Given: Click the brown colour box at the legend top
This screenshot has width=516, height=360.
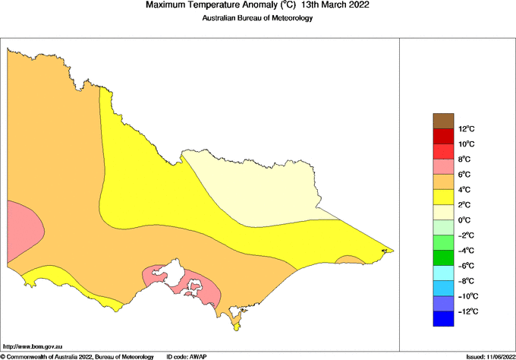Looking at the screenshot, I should coord(442,121).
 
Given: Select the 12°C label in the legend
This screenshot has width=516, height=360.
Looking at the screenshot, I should coord(466,129).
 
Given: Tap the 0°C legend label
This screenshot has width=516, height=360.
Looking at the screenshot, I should coord(465,220).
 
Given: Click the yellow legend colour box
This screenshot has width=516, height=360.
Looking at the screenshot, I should coord(442,197).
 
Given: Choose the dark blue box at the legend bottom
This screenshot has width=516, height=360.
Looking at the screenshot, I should coord(442,319).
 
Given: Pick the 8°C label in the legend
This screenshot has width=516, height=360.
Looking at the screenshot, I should coord(465,159).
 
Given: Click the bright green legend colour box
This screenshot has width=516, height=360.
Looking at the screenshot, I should coord(442,242).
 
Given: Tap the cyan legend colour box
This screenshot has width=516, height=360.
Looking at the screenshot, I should coord(442,273).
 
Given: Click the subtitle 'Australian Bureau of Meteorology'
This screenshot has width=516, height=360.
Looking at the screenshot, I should coord(257,18).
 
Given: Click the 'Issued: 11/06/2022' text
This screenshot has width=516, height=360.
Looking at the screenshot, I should coord(489,356).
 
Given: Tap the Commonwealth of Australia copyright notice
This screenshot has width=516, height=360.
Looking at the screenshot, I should coord(77,356).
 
